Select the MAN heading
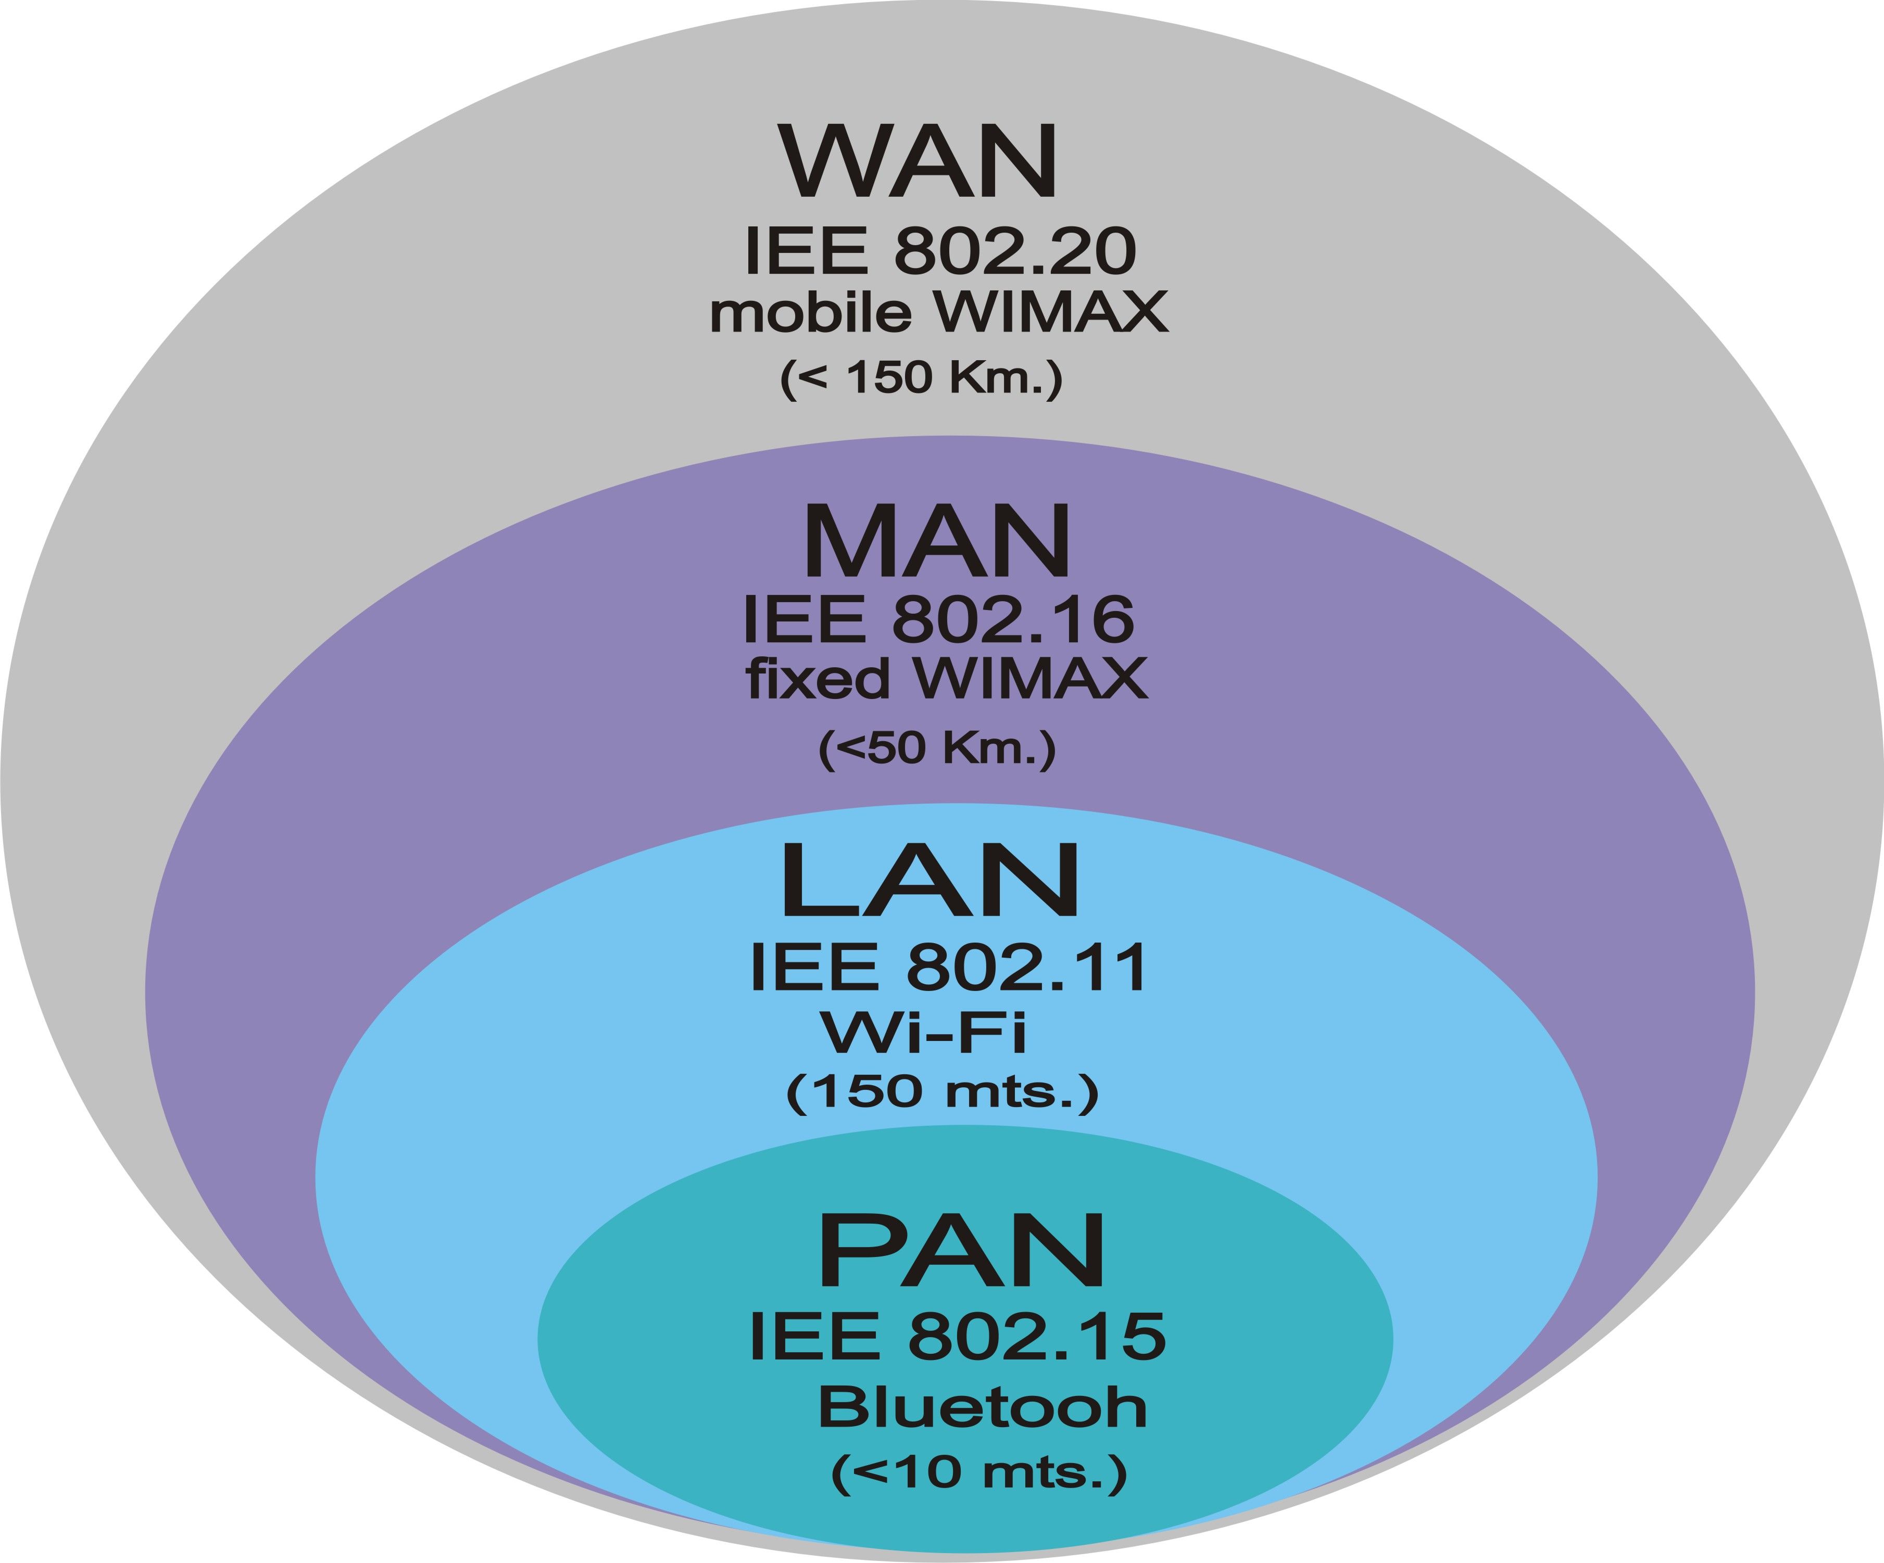[937, 542]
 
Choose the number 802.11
[1026, 968]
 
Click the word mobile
[811, 312]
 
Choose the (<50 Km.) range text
[937, 748]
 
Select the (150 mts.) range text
[942, 1091]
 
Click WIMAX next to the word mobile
[1051, 312]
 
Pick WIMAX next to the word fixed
[1031, 678]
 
